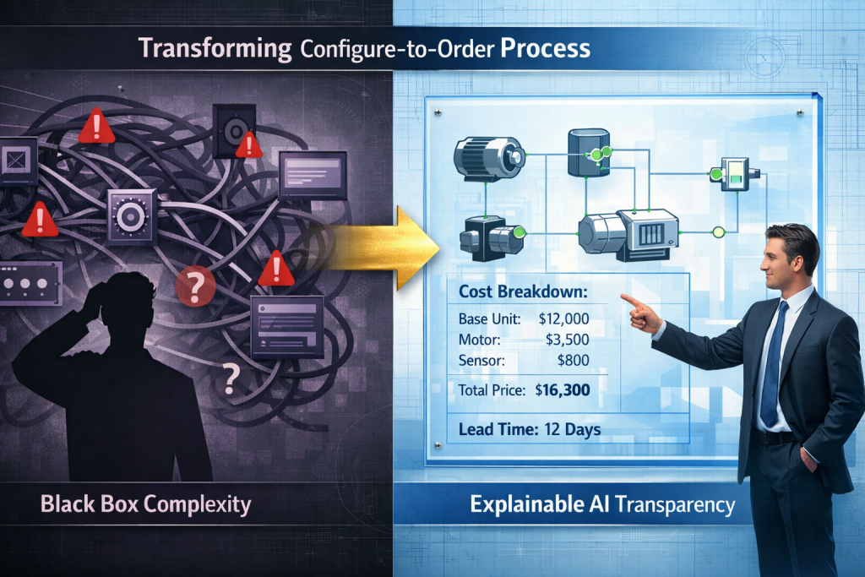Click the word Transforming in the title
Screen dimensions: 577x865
(x=214, y=48)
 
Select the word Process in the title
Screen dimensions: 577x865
(x=545, y=48)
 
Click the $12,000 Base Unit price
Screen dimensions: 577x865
(x=563, y=319)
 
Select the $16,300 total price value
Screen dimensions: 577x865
(x=563, y=391)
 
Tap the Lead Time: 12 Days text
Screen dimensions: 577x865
(x=530, y=429)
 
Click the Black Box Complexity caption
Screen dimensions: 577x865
(x=145, y=505)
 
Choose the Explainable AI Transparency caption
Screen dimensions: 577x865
(x=602, y=506)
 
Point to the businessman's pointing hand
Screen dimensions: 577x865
(x=642, y=315)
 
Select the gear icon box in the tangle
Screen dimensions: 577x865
(x=132, y=216)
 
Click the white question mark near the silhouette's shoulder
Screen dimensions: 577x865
(x=229, y=379)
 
